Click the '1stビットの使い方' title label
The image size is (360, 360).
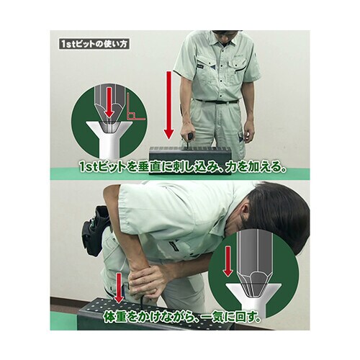pos(94,44)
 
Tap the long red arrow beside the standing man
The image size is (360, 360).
pos(169,105)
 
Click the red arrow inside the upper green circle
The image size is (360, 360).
pos(109,102)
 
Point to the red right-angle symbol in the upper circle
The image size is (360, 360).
pos(135,107)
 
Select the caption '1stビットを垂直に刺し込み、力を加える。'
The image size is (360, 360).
pos(183,167)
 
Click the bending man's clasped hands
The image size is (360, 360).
pos(145,282)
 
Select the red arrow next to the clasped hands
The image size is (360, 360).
pos(118,288)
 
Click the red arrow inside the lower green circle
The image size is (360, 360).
pos(228,262)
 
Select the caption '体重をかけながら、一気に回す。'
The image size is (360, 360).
pos(181,317)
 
